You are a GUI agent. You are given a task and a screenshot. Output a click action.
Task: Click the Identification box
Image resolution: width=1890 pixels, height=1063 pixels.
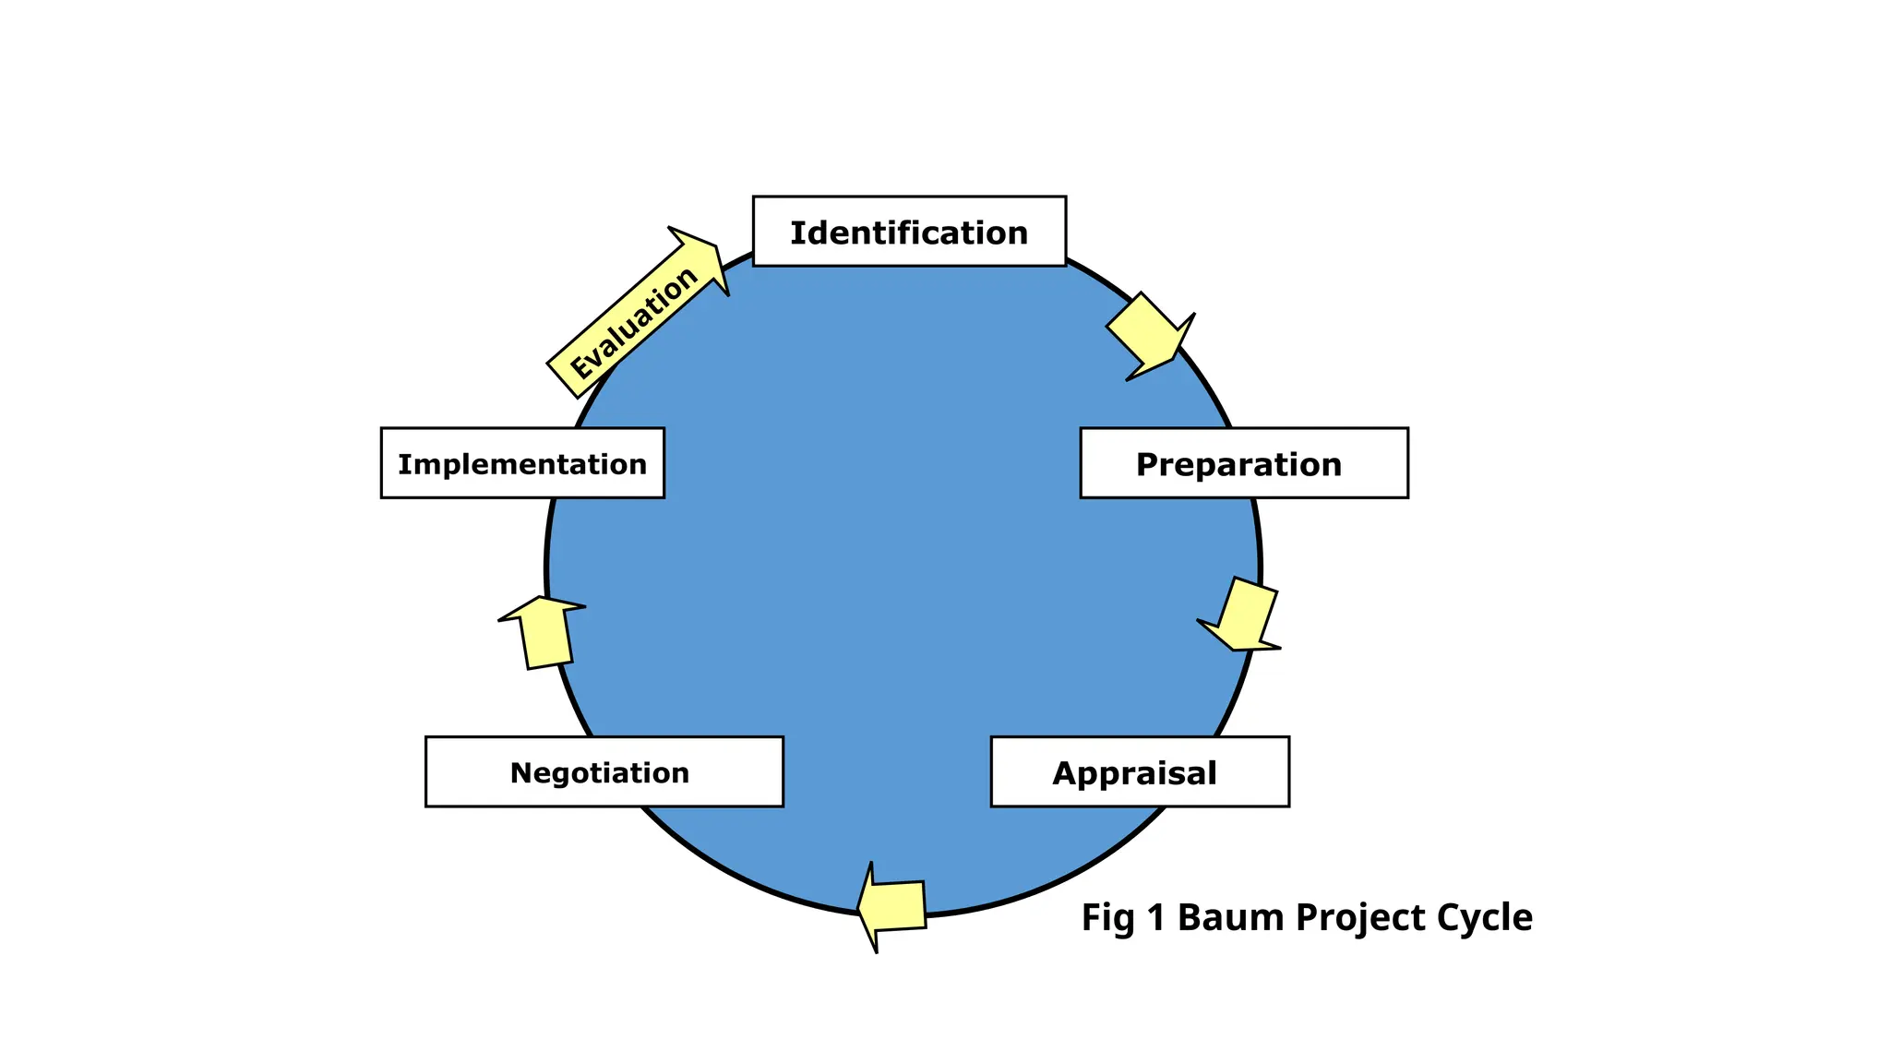point(909,232)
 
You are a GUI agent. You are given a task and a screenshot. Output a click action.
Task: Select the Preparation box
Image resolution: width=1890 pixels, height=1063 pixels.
point(1243,463)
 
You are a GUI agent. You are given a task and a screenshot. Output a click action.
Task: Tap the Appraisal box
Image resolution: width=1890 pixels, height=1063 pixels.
point(1139,772)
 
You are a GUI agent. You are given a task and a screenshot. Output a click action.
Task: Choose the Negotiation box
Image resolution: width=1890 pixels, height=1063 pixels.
point(604,772)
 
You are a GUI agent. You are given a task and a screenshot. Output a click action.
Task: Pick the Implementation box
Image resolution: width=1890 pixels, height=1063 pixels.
point(522,463)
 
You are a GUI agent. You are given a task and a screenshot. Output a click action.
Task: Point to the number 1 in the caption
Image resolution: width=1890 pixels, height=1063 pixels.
point(1156,918)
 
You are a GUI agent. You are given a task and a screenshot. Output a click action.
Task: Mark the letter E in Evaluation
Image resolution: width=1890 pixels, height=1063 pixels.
point(581,367)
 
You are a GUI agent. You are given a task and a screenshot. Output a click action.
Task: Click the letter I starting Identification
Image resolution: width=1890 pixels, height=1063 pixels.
point(795,233)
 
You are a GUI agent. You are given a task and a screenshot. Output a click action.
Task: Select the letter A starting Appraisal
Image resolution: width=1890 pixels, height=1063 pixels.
point(1065,773)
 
